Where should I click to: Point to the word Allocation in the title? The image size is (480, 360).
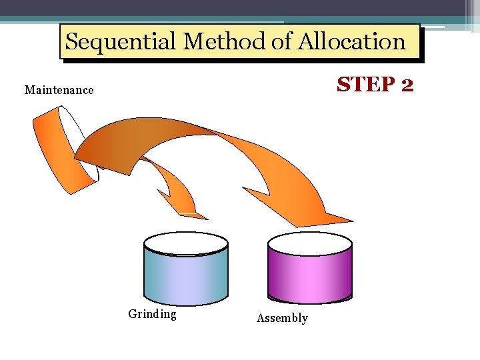351,42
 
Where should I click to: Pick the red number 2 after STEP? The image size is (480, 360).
407,85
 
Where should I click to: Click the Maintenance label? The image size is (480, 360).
59,90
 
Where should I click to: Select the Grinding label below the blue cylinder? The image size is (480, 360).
152,314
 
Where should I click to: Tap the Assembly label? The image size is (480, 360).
282,318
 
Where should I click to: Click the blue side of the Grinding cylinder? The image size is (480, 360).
186,277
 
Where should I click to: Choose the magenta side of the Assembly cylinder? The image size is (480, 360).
309,277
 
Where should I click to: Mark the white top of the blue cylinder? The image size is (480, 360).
186,243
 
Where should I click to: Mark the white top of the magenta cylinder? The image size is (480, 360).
309,243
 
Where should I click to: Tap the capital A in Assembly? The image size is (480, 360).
261,318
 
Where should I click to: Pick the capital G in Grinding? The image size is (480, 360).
132,314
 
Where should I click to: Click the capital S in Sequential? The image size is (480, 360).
72,42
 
